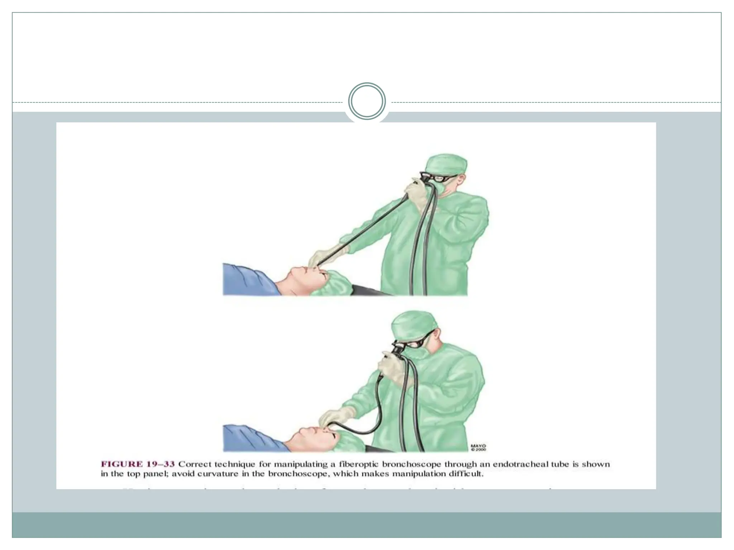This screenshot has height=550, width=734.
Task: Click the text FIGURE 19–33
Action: coord(138,464)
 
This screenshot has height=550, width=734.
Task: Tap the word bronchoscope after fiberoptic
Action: coord(411,464)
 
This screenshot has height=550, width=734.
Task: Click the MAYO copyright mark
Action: coord(478,447)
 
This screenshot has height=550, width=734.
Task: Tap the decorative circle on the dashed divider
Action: coord(367,101)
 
